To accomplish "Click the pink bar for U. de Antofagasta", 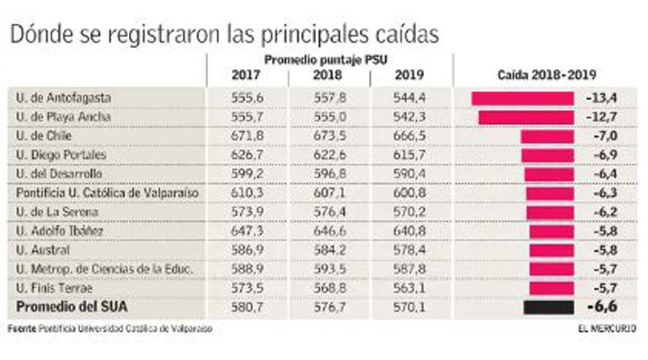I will pyautogui.click(x=522, y=98).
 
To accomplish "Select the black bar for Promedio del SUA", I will pyautogui.click(x=549, y=307).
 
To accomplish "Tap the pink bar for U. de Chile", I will pyautogui.click(x=546, y=136).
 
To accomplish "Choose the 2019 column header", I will pyautogui.click(x=410, y=75).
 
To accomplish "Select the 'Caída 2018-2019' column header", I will pyautogui.click(x=546, y=75).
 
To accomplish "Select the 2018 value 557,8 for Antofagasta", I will pyautogui.click(x=328, y=98).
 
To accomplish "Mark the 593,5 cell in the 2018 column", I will pyautogui.click(x=328, y=269).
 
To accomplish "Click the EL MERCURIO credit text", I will pyautogui.click(x=606, y=328).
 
